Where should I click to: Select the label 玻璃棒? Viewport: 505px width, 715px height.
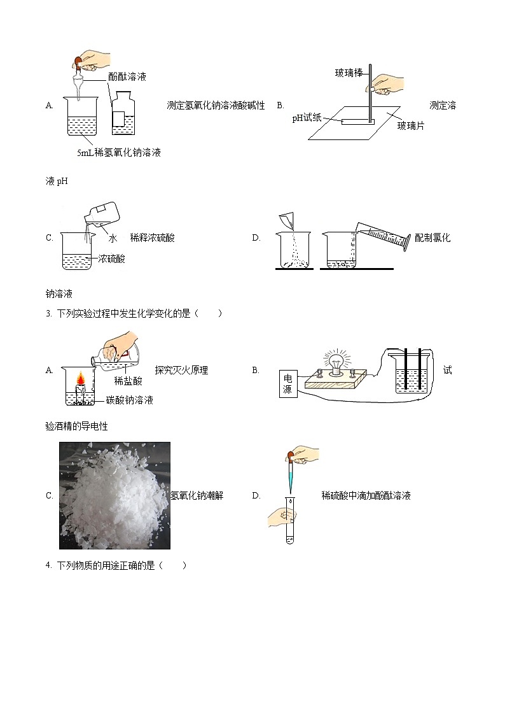pos(349,73)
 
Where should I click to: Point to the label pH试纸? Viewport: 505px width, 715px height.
pos(307,118)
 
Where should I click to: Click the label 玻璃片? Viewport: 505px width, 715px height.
pos(410,126)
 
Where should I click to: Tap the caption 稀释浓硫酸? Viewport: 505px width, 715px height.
pos(152,238)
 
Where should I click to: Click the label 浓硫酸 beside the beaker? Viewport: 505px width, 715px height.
pos(112,258)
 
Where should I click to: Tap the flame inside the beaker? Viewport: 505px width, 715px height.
pos(81,380)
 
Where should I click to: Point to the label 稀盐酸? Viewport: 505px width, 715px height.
pos(128,381)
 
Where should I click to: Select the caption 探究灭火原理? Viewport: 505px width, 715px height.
pos(181,370)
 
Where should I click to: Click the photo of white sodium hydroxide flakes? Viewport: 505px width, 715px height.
pos(114,495)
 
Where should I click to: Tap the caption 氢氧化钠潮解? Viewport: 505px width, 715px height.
pos(197,495)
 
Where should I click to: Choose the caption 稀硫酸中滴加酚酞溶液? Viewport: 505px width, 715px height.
pos(366,495)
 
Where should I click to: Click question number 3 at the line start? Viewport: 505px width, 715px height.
pos(48,313)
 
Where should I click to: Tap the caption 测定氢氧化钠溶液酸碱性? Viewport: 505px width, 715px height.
pos(215,106)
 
